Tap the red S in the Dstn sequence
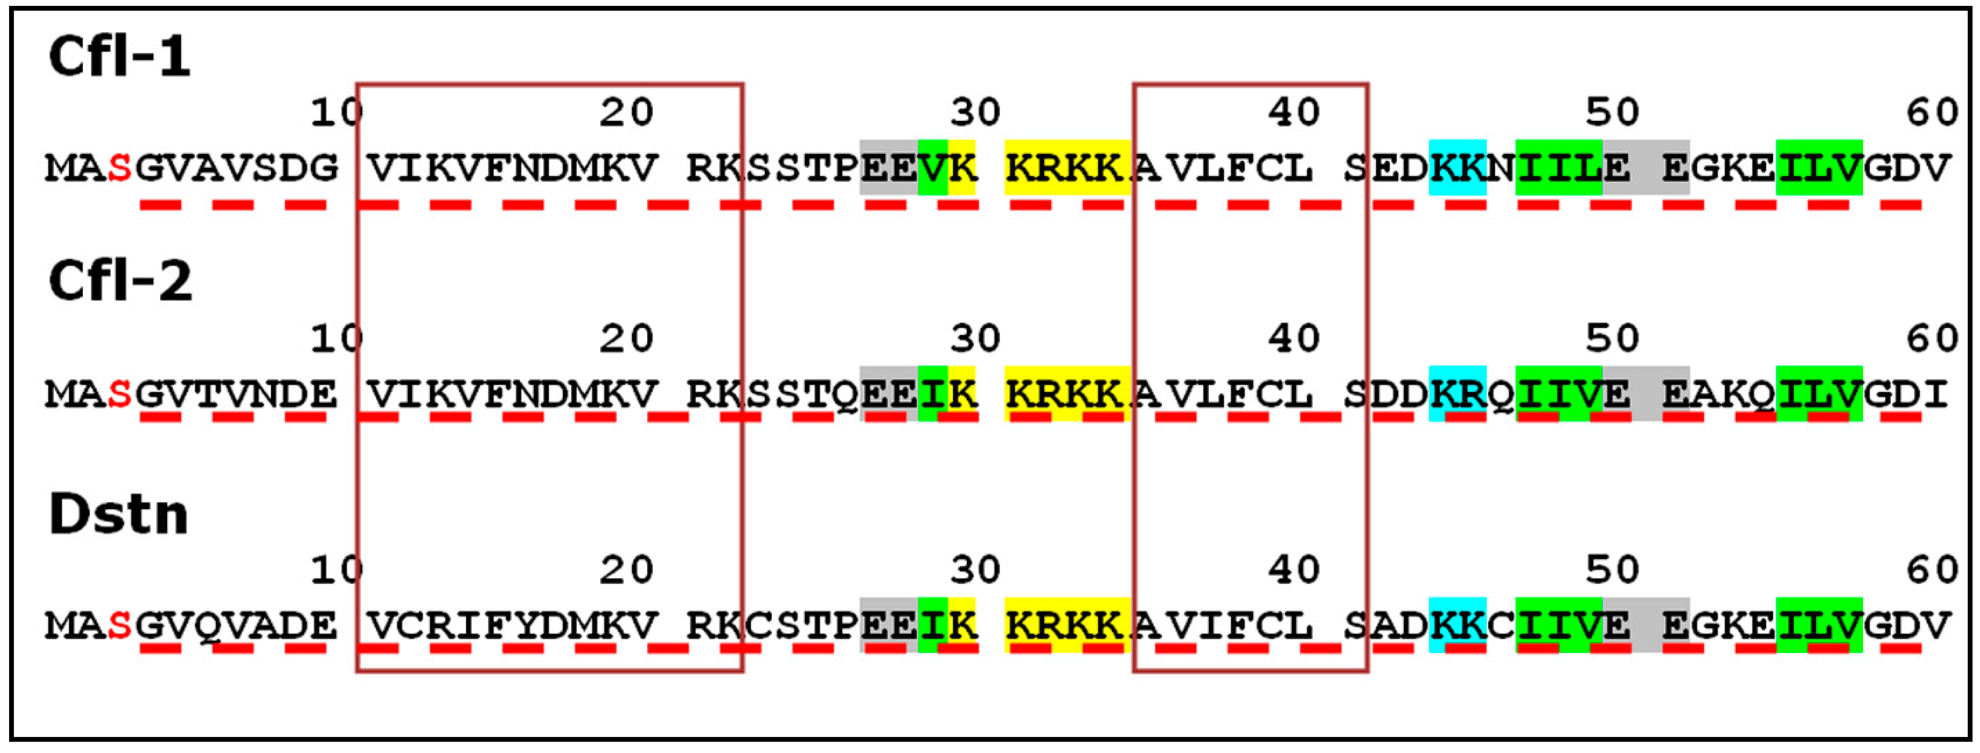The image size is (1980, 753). coord(119,625)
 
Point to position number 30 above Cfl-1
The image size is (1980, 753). coord(975,113)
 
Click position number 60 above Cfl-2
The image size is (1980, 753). coord(1931,339)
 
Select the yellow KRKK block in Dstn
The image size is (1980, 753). coord(1066,625)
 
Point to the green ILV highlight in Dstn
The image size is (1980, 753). coord(1819,625)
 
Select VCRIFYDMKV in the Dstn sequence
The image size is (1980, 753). coord(513,625)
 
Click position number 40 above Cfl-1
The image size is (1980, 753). coord(1294,113)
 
